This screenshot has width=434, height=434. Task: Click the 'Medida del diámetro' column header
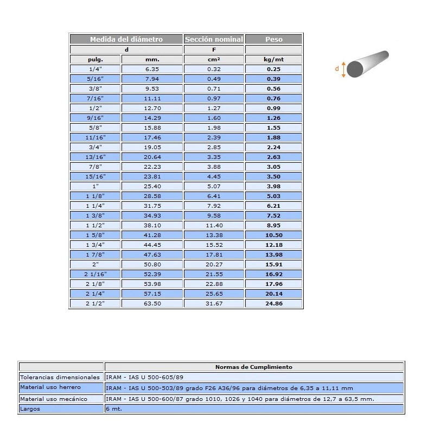pos(126,39)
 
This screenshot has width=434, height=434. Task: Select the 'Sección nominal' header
pos(214,39)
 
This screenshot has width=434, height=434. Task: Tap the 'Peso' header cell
pos(274,39)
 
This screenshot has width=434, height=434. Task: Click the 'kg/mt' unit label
pos(274,59)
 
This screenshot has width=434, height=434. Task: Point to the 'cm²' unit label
pos(214,59)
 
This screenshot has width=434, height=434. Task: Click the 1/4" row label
pos(95,69)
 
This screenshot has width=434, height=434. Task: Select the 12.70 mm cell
pos(152,108)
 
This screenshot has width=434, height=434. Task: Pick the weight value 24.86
pos(274,303)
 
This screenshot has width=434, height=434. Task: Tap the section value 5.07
pos(214,186)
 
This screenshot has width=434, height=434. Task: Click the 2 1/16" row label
pos(95,274)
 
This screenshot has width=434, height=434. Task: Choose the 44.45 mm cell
pos(152,245)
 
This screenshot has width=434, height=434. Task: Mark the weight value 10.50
pos(274,235)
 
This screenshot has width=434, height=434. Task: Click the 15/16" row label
pos(95,176)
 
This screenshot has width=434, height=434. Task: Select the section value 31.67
pos(214,303)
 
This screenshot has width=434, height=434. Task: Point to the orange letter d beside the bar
pos(337,69)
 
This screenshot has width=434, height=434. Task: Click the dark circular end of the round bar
pos(355,69)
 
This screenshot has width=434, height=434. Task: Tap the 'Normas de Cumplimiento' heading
pos(254,367)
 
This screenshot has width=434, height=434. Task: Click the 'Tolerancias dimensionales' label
pos(60,377)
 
